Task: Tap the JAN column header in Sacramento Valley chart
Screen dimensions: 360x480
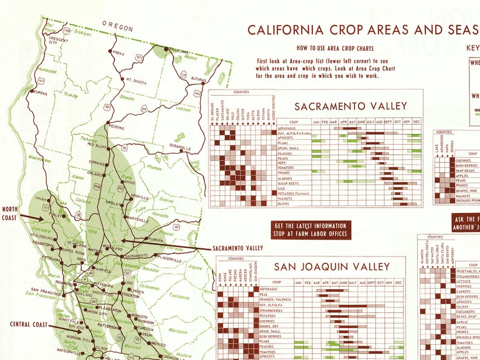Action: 316,122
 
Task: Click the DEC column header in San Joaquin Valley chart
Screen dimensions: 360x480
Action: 398,283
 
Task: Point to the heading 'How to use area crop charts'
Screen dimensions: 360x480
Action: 334,48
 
